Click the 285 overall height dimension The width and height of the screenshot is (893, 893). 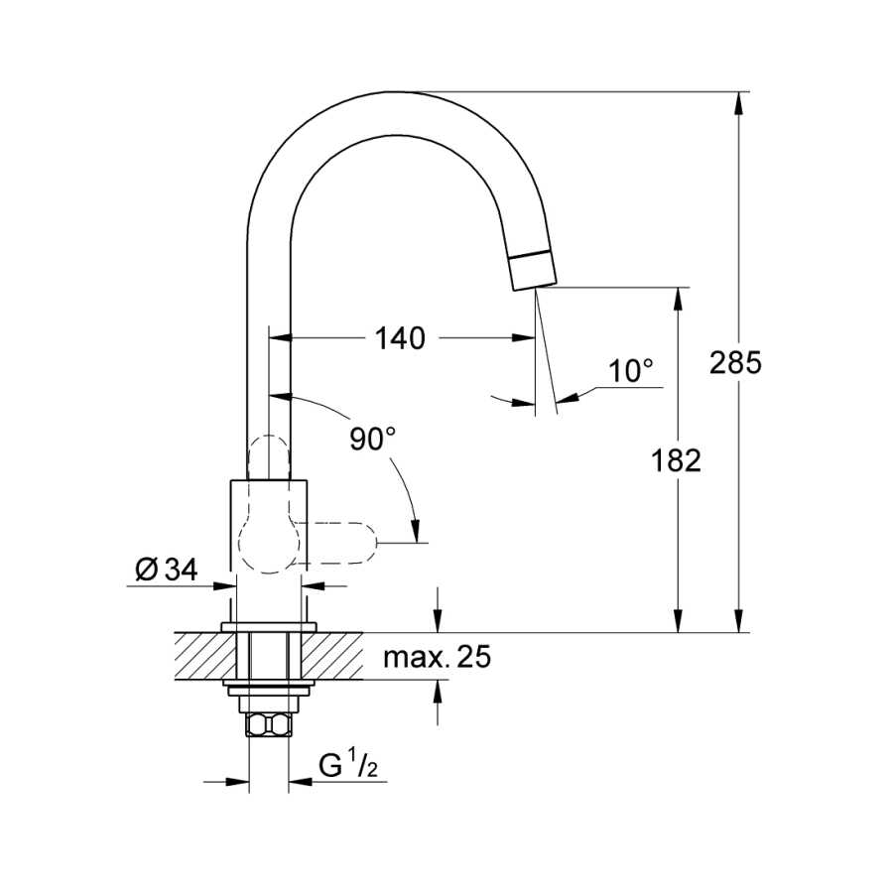[734, 363]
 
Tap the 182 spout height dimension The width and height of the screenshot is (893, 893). [676, 460]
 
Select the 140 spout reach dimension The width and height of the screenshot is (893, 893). [400, 338]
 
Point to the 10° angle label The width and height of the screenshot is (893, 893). [630, 371]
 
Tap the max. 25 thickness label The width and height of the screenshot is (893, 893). [437, 657]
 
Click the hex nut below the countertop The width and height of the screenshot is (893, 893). [269, 724]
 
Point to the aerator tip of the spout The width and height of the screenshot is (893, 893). [533, 271]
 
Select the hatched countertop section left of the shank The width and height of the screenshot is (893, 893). [205, 656]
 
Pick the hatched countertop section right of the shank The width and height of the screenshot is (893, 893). [332, 656]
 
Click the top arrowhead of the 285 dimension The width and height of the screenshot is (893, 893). [739, 103]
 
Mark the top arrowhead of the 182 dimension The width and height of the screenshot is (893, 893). [678, 299]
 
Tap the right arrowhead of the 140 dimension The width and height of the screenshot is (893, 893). [523, 337]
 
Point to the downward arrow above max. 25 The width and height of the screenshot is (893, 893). [438, 609]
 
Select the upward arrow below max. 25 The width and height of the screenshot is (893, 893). [438, 702]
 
